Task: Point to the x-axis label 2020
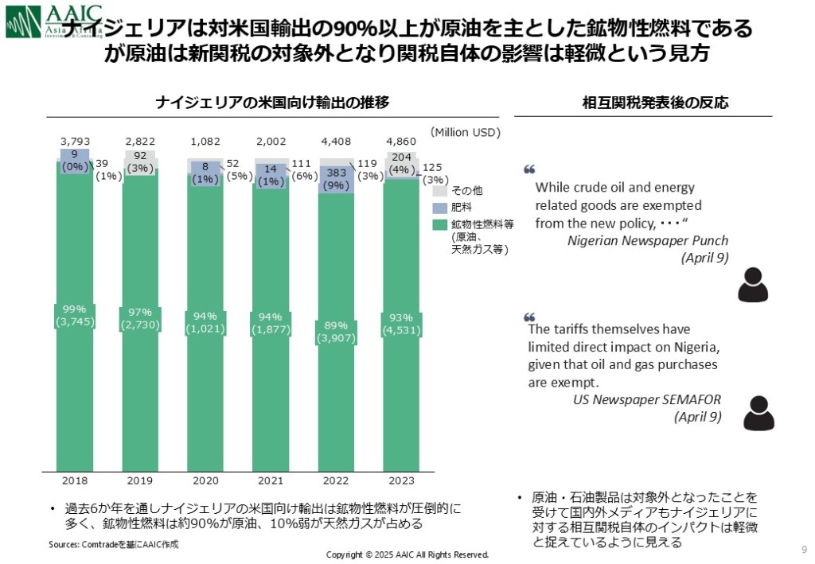pos(205,480)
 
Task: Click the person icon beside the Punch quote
pos(752,285)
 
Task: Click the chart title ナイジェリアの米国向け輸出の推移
pos(272,103)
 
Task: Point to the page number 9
pos(803,549)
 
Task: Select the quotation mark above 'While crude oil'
pos(529,169)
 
